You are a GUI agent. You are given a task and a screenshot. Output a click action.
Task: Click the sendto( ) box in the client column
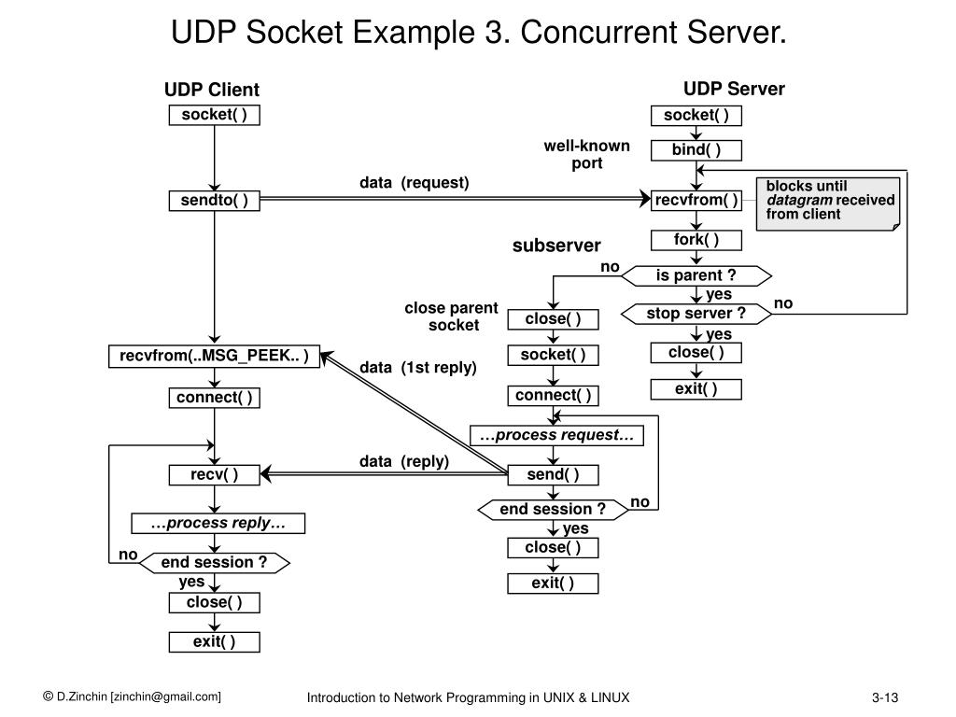(x=215, y=201)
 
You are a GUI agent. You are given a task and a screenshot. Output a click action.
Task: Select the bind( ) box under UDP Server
(x=696, y=150)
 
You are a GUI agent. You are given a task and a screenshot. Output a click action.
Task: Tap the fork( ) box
(x=696, y=240)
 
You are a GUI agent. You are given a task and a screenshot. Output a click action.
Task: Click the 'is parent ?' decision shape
(x=696, y=275)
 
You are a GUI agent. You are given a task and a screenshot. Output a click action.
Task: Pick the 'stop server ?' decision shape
(x=696, y=314)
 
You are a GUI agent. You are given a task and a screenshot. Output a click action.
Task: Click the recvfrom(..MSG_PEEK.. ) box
(x=215, y=356)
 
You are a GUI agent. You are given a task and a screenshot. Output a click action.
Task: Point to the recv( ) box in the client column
(x=215, y=474)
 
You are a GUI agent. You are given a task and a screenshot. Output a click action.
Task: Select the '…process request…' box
(x=556, y=435)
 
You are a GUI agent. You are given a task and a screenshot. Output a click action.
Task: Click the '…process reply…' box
(x=218, y=523)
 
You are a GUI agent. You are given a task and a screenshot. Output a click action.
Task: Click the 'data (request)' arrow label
(x=415, y=182)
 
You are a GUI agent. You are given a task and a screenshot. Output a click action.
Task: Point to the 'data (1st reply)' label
(x=418, y=368)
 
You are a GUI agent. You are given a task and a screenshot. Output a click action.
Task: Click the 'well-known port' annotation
(x=587, y=154)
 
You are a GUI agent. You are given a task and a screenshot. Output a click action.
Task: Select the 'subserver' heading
(x=556, y=246)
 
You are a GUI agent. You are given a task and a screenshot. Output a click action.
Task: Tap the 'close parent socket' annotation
(x=452, y=316)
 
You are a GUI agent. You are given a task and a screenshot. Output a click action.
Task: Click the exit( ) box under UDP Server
(x=696, y=388)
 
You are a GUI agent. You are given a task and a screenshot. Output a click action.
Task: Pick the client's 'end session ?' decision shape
(x=214, y=562)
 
